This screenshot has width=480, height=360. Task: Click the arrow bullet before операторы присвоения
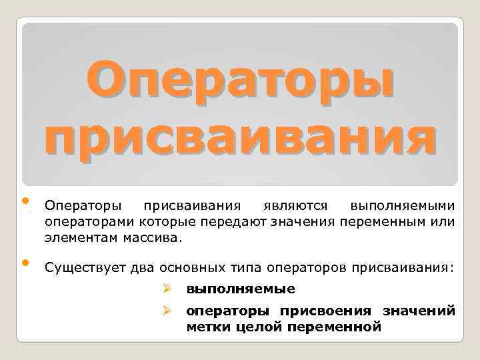pyautogui.click(x=168, y=311)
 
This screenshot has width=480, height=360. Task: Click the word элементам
pyautogui.click(x=79, y=236)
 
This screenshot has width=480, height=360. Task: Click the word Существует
pyautogui.click(x=84, y=267)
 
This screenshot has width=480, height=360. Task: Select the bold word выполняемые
pyautogui.click(x=240, y=289)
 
